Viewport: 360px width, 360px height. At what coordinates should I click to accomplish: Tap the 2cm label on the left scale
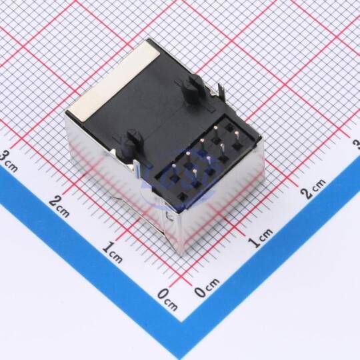[59, 207]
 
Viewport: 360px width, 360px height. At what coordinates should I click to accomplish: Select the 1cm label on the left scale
[112, 252]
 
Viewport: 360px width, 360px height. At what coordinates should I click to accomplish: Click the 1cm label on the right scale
[261, 238]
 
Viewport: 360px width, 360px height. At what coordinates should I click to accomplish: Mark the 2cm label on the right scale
[313, 188]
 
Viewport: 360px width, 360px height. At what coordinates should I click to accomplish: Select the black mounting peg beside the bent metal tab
[193, 90]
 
